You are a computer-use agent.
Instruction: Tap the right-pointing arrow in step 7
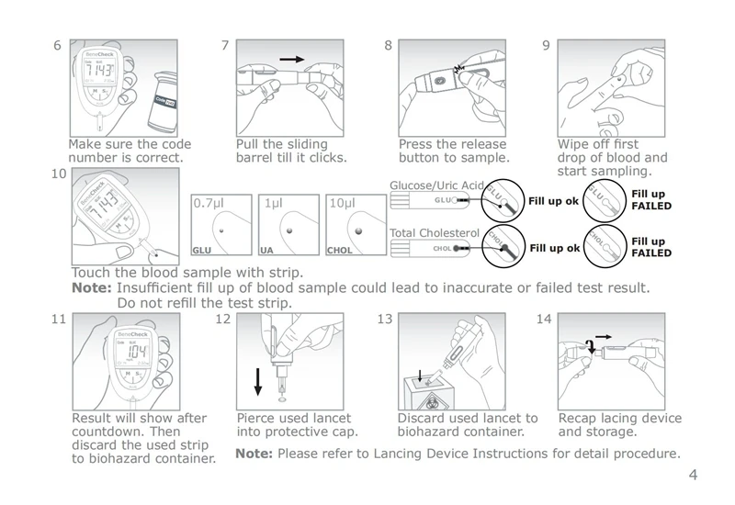(x=292, y=60)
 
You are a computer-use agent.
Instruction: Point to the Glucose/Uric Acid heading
(x=436, y=185)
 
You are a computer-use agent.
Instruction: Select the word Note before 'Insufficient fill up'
(x=91, y=288)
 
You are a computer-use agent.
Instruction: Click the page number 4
(x=693, y=475)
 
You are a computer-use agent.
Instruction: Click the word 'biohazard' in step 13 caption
(x=431, y=432)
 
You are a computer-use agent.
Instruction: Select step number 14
(x=543, y=320)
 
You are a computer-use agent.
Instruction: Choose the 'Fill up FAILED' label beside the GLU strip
(x=650, y=199)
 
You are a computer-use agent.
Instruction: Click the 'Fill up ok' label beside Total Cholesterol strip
(x=554, y=248)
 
